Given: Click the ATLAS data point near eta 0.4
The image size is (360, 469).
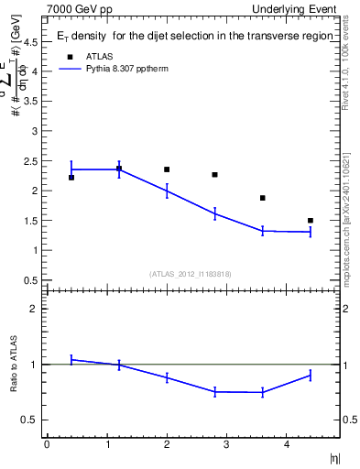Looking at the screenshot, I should pos(71,177).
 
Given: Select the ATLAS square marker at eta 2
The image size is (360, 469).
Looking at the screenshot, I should pos(167,169).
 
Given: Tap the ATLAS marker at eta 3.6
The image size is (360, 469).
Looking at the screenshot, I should pos(262,198).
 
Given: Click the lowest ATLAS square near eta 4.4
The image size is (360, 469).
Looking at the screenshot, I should pos(311,220).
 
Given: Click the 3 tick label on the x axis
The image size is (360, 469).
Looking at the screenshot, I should pos(226,444).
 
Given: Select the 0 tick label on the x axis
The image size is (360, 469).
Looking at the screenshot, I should pos(47,444).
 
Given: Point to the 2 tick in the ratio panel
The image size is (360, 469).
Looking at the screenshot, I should pos(34,309).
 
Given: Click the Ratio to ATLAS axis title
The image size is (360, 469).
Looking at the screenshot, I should pos(13,364).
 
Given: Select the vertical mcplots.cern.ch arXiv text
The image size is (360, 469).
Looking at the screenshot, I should pos(346,202).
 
